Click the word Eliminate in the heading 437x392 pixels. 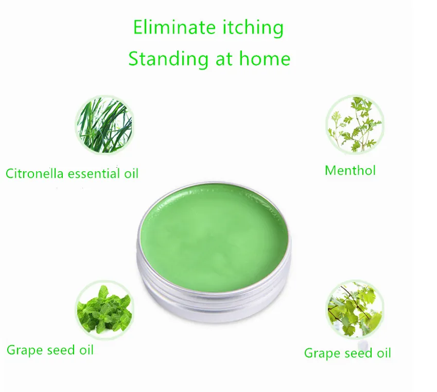click(x=174, y=27)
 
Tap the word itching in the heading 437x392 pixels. click(x=253, y=28)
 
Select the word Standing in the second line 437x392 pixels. click(x=168, y=59)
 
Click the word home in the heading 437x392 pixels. click(x=265, y=58)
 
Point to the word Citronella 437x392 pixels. click(x=34, y=174)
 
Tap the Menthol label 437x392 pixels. click(x=351, y=171)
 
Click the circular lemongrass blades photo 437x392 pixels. click(x=104, y=124)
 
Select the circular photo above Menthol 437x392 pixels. click(x=355, y=124)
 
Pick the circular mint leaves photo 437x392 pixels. click(x=105, y=309)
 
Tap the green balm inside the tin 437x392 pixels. click(x=214, y=237)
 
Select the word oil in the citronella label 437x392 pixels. click(x=131, y=174)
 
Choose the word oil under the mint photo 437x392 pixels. click(x=86, y=350)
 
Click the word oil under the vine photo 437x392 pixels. click(x=384, y=353)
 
